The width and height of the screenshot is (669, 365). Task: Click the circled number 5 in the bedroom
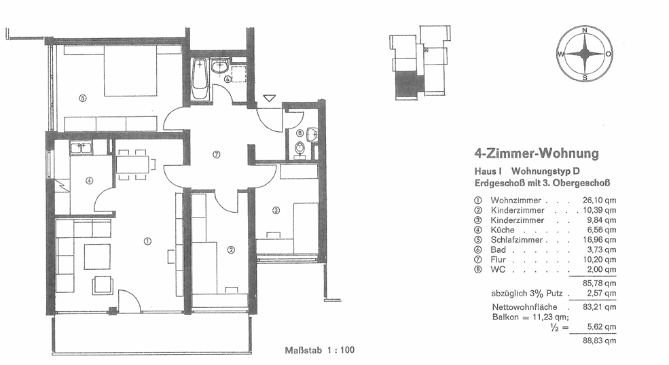[83, 98]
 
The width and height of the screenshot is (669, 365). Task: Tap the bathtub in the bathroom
[199, 79]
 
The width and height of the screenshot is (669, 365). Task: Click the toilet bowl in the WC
[300, 147]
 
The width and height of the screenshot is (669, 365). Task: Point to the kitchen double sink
[81, 147]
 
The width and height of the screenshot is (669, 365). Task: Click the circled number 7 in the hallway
[216, 154]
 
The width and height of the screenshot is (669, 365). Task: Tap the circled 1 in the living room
[147, 241]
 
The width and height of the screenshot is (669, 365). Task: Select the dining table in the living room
[132, 164]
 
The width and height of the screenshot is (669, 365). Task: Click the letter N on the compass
[585, 31]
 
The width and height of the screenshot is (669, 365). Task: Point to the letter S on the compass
[585, 77]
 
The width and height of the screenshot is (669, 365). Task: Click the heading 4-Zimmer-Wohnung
[537, 153]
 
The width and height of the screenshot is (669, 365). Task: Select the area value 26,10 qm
[599, 201]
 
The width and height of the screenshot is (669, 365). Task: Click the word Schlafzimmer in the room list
[516, 240]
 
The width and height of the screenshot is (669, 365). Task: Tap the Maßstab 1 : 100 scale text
[320, 351]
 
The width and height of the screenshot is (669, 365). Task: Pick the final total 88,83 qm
[599, 341]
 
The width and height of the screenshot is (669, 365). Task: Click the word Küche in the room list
[502, 230]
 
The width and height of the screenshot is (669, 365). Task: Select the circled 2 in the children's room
[231, 249]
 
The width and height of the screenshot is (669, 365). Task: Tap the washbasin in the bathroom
[220, 67]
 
